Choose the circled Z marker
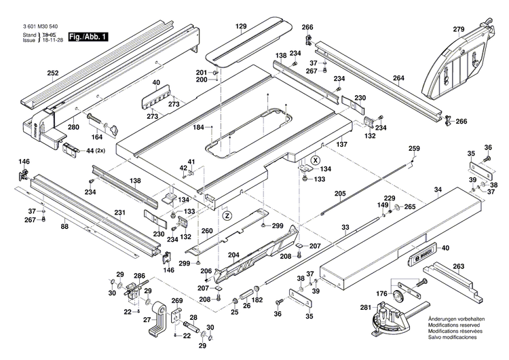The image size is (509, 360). [227, 215]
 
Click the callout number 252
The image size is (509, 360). [53, 73]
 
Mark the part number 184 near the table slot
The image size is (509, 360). [198, 127]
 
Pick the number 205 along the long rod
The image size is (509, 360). [339, 193]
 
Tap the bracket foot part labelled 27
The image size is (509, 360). [157, 317]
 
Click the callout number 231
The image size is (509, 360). [119, 213]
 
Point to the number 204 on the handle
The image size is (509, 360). [233, 256]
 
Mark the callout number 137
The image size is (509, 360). [342, 144]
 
